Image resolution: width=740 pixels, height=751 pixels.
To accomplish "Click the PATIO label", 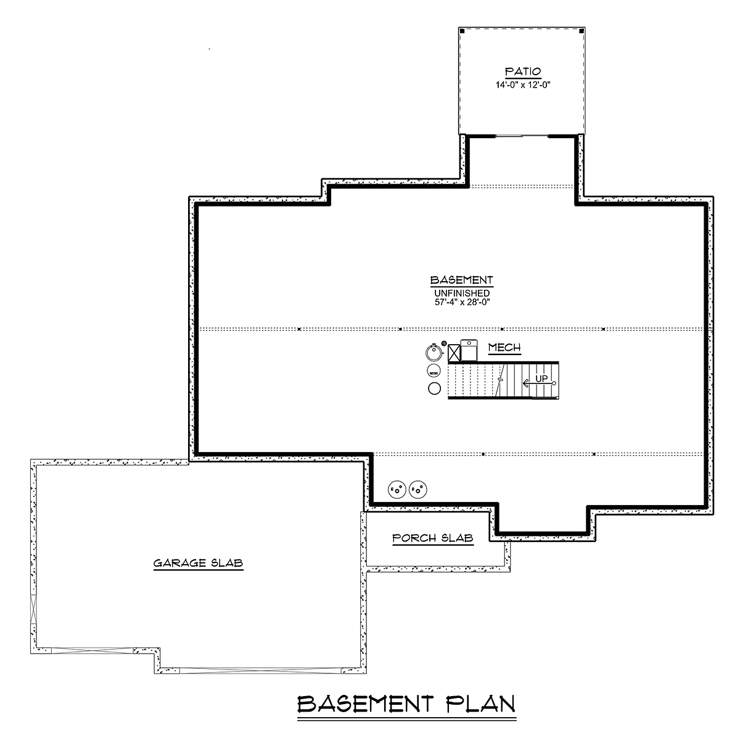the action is [522, 72].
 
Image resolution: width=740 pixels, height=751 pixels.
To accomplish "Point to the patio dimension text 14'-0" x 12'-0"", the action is [522, 84].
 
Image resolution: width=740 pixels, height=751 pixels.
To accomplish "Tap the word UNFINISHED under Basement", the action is [462, 293].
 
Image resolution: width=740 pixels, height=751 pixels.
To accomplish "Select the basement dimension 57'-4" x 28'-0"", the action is [462, 302].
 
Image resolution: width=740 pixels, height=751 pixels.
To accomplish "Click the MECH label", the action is [504, 347].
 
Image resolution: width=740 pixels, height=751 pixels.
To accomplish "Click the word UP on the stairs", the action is [541, 378].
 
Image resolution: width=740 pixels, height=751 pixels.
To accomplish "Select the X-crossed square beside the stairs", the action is [454, 353].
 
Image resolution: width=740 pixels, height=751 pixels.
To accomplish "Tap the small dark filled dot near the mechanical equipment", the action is [443, 343].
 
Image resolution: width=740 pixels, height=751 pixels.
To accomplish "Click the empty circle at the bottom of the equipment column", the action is [434, 388].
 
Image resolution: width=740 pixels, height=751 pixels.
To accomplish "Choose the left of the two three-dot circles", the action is [397, 489].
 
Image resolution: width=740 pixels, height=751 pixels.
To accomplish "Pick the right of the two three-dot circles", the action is [418, 489].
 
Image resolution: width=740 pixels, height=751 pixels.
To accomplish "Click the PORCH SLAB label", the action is [433, 538].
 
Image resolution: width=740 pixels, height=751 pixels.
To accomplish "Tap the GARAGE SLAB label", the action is [198, 563].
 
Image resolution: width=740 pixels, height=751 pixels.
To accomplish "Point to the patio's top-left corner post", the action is [462, 30].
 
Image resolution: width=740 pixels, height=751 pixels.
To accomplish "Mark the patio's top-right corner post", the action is [582, 30].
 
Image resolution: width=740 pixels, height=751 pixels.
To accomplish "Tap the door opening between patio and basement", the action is [522, 136].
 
